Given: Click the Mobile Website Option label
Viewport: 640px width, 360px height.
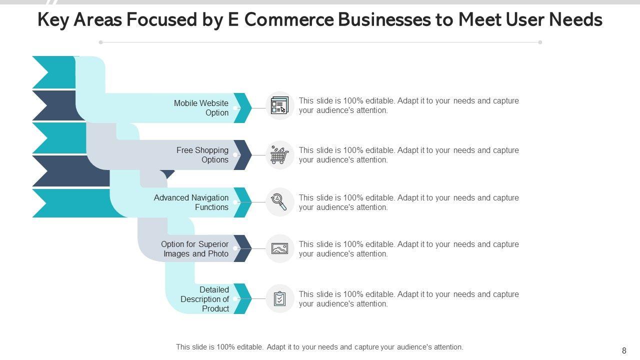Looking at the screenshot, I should click(x=201, y=108).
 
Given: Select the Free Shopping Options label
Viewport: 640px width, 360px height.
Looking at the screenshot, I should click(x=202, y=155).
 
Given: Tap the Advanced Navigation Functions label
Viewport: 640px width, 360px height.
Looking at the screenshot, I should click(x=191, y=202).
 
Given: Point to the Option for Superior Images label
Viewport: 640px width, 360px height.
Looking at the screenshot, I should click(x=194, y=249).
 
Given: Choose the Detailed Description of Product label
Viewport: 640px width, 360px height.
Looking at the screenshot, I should click(x=204, y=299).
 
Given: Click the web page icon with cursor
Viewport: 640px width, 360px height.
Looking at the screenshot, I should click(x=279, y=106).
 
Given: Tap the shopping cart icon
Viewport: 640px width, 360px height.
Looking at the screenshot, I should click(x=279, y=155).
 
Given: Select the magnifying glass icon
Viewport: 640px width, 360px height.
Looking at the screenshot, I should click(x=279, y=202).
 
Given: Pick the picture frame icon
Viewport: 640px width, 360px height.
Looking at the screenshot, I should click(x=279, y=248).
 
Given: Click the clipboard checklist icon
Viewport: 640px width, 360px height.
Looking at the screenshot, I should click(x=280, y=299).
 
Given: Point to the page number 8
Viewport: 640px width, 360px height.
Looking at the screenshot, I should click(x=624, y=351).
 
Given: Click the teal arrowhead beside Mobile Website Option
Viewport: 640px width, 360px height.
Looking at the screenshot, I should click(x=243, y=108).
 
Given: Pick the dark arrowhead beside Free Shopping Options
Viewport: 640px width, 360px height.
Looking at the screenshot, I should click(x=243, y=155).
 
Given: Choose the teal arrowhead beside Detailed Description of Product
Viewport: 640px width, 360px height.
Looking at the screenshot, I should click(x=243, y=298).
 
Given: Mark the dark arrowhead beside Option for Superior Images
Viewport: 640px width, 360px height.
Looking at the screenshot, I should click(x=243, y=248).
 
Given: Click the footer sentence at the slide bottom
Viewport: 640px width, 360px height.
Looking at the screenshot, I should click(x=319, y=347).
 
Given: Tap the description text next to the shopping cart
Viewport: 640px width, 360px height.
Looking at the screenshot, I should click(x=408, y=155).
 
